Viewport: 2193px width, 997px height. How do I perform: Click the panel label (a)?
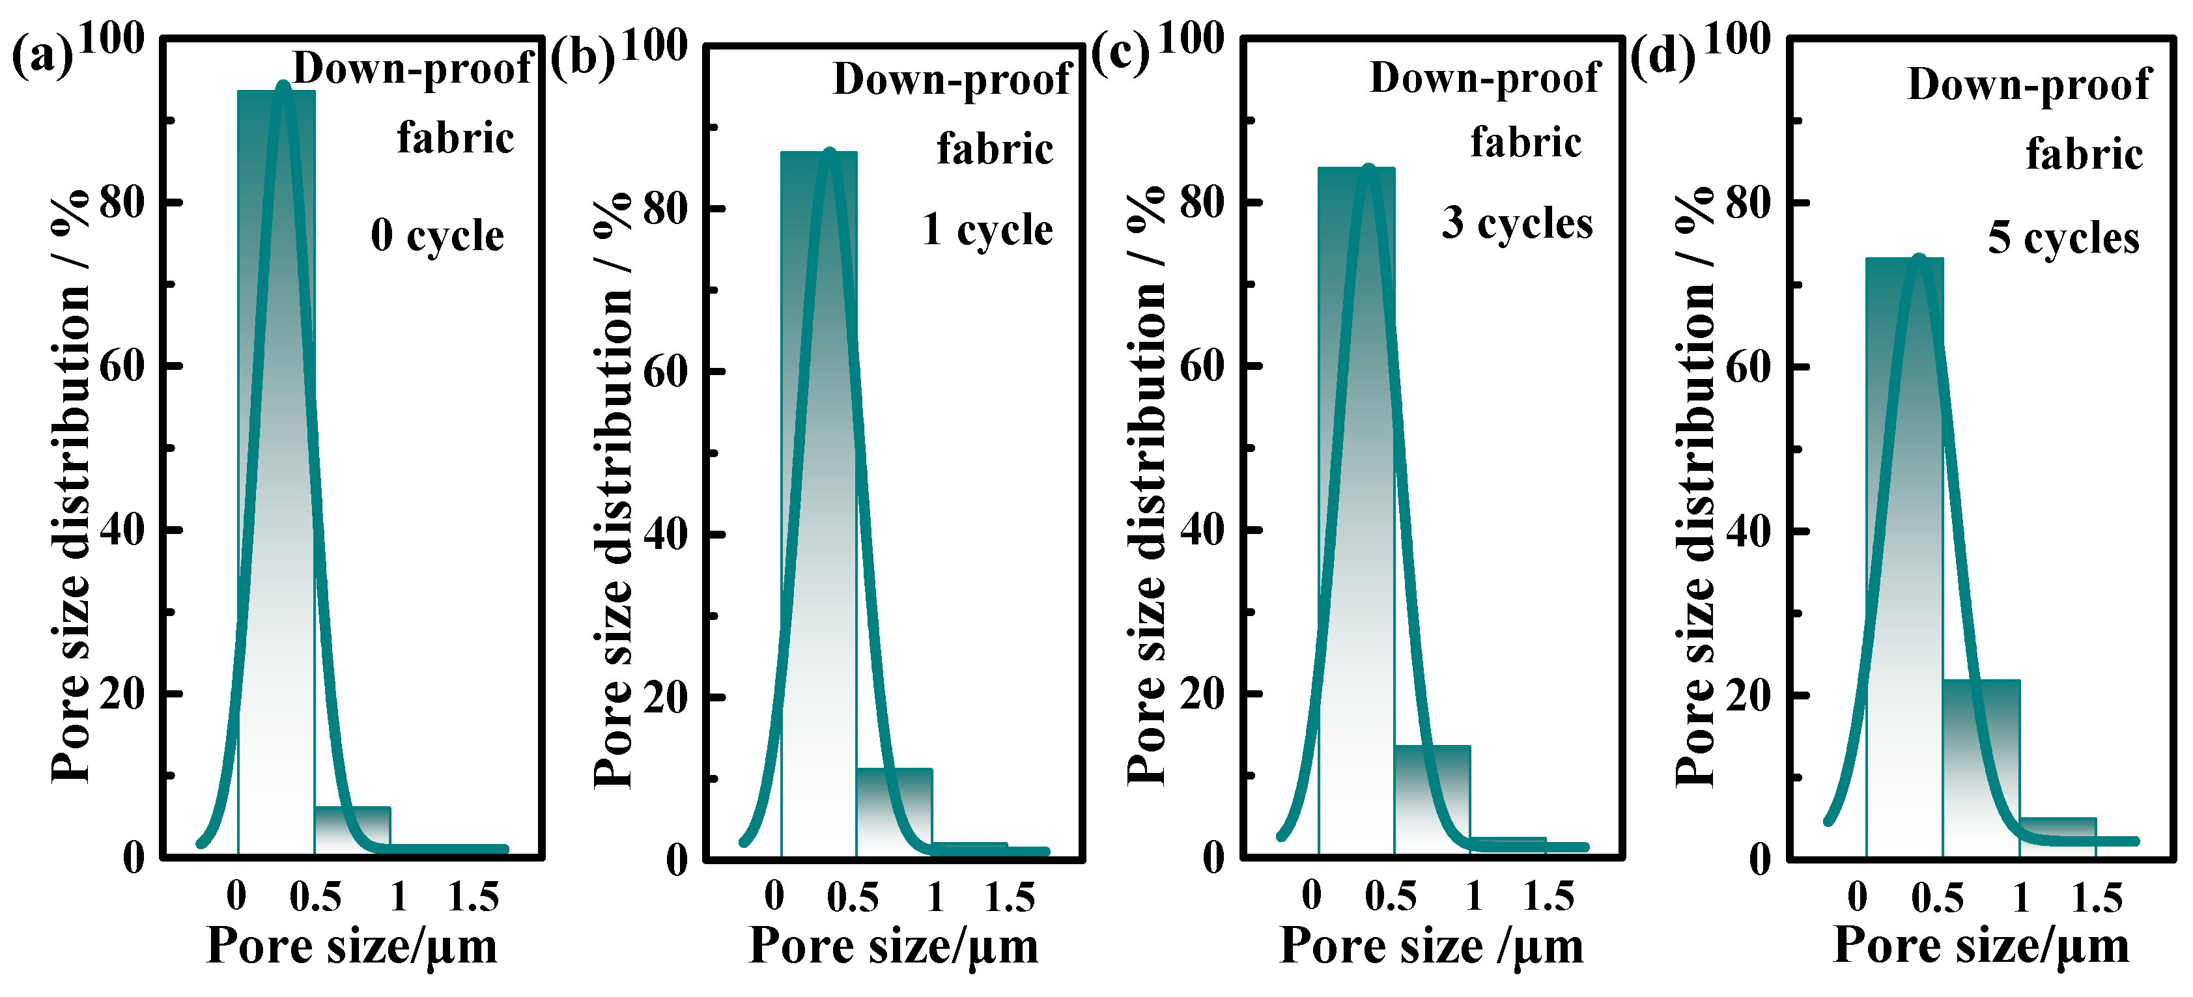click(x=42, y=58)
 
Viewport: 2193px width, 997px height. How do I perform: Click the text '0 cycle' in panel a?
click(x=437, y=235)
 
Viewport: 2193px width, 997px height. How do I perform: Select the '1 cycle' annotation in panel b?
click(x=987, y=230)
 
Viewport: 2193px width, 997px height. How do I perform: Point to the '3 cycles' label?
click(x=1516, y=223)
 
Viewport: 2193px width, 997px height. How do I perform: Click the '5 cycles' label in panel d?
click(x=2063, y=238)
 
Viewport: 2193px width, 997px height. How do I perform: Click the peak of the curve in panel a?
click(x=283, y=86)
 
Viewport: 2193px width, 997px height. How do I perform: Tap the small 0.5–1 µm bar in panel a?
click(x=352, y=828)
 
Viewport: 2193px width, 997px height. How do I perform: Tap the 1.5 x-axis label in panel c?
click(x=1548, y=897)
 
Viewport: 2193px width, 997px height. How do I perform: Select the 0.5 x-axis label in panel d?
click(x=1937, y=898)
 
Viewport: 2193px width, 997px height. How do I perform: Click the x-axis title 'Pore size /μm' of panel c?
click(x=1431, y=946)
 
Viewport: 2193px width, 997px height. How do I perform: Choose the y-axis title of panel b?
click(x=613, y=490)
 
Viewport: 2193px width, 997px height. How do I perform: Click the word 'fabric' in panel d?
click(x=2083, y=155)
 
